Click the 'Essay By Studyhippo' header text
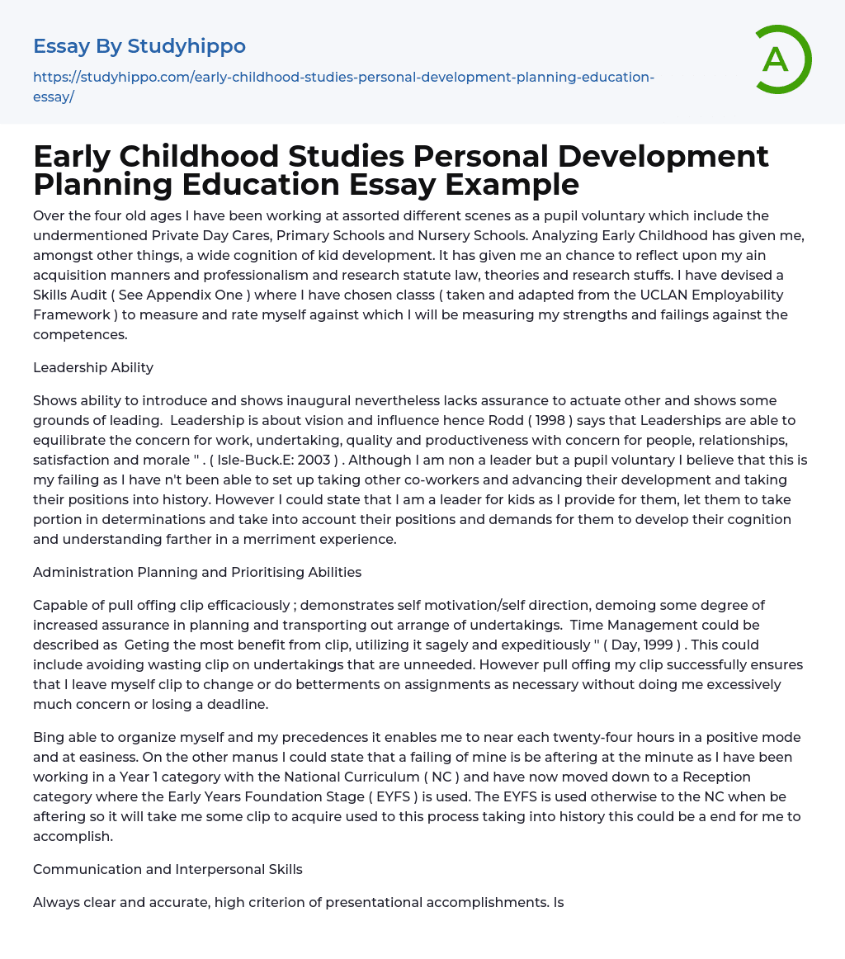tap(139, 45)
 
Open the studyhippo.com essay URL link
tap(343, 86)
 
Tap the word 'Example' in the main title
tap(512, 184)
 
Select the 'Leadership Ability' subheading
tap(93, 367)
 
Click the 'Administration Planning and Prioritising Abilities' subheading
tap(197, 572)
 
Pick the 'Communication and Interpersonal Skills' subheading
tap(168, 869)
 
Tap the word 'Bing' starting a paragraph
tap(48, 737)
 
